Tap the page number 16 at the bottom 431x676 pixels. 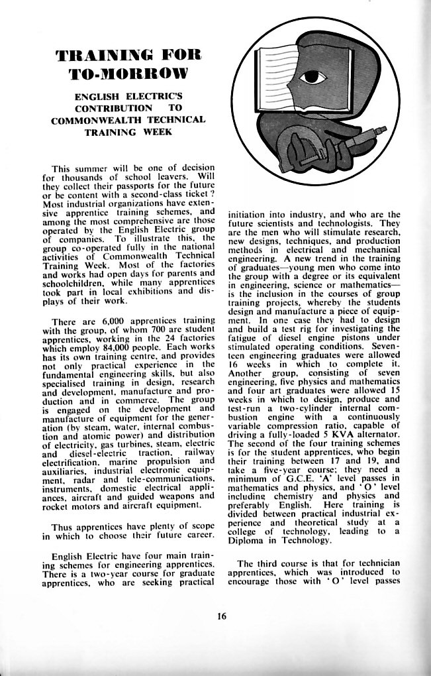click(x=221, y=616)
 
